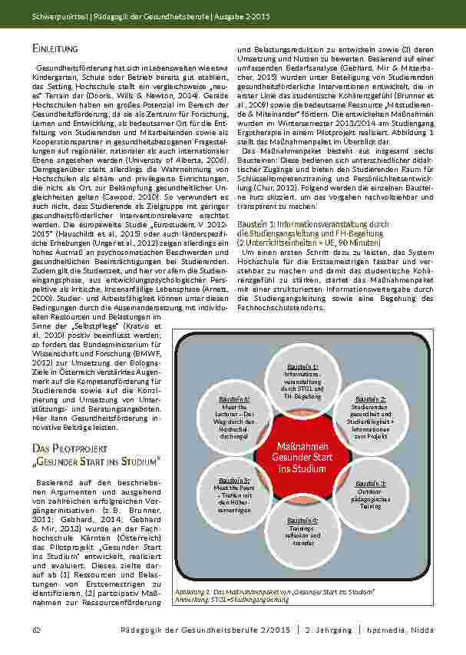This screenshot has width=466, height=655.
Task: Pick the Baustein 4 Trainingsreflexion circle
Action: click(302, 532)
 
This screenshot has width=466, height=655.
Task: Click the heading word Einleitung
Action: click(58, 48)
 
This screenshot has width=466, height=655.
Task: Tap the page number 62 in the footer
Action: click(36, 630)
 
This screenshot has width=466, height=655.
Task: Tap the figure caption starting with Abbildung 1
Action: click(274, 592)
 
